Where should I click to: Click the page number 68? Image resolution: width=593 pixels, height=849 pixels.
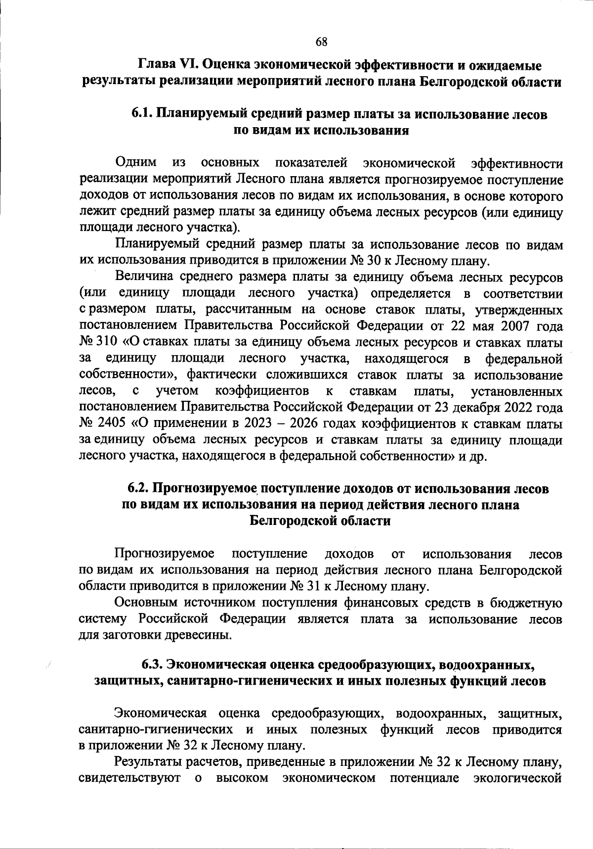321,42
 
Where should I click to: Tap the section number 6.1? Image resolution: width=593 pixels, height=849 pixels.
142,114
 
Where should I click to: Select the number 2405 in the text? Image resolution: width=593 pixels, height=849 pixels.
109,424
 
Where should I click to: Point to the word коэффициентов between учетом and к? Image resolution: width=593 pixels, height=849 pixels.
262,391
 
